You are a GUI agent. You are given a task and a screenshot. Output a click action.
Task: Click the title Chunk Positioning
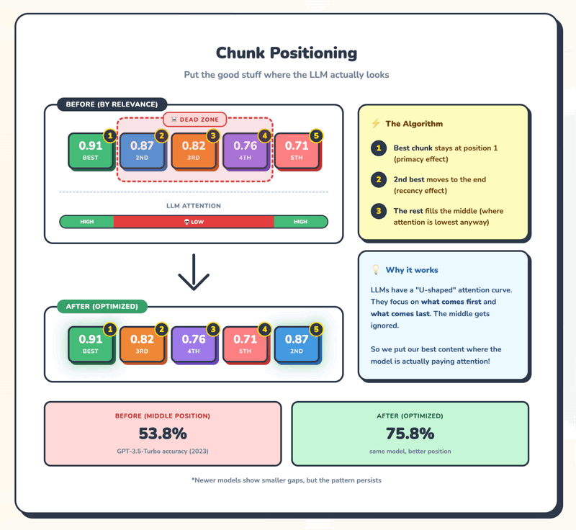tap(287, 53)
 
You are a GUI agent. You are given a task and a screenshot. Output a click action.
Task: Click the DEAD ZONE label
tap(195, 119)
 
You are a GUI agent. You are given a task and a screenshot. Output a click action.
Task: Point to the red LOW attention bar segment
tap(194, 222)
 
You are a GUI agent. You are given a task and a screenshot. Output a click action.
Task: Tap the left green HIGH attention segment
tap(87, 222)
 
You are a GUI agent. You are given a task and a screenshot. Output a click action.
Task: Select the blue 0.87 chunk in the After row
tap(297, 344)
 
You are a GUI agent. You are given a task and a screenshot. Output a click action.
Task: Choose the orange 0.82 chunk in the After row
tap(142, 344)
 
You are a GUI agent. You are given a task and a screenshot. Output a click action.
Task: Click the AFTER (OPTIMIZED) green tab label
tap(102, 306)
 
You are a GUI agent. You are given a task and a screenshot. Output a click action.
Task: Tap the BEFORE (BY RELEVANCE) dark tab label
tap(112, 104)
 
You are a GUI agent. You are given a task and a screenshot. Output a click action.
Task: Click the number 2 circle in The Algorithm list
tap(378, 179)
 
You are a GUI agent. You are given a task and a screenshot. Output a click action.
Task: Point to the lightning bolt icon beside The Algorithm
tap(375, 124)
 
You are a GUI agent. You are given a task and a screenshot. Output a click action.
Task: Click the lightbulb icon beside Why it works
tap(375, 270)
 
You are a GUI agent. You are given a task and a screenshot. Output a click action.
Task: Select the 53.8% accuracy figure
tap(163, 434)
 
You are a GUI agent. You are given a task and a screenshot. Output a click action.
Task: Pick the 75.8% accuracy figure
tap(410, 434)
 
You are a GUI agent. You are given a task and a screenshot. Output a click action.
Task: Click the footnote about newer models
tap(287, 480)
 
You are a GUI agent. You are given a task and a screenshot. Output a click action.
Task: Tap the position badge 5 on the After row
tap(315, 330)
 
